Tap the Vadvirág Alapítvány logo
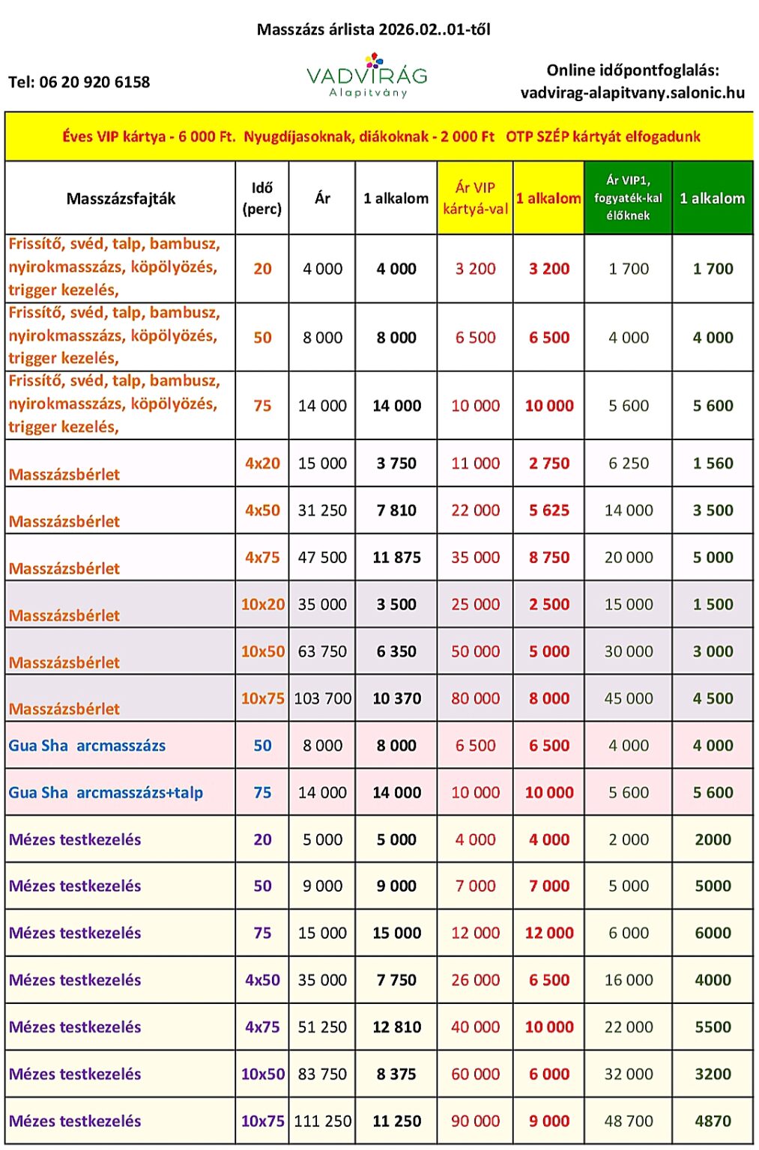click(x=367, y=76)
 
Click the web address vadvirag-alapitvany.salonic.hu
click(x=632, y=93)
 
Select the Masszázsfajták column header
click(x=121, y=198)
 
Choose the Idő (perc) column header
click(x=262, y=198)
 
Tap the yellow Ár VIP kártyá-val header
click(x=475, y=198)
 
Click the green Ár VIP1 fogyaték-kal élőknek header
click(x=628, y=198)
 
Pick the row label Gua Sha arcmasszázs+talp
click(x=106, y=792)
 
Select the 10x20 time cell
click(x=262, y=604)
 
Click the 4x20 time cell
click(x=262, y=463)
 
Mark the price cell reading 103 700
click(x=322, y=699)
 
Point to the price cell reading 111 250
click(x=322, y=1121)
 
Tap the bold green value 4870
click(x=713, y=1121)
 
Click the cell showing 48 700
click(x=629, y=1121)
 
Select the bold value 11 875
click(x=396, y=558)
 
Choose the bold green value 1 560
click(x=713, y=463)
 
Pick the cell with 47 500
click(x=322, y=558)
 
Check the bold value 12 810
click(x=396, y=1027)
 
